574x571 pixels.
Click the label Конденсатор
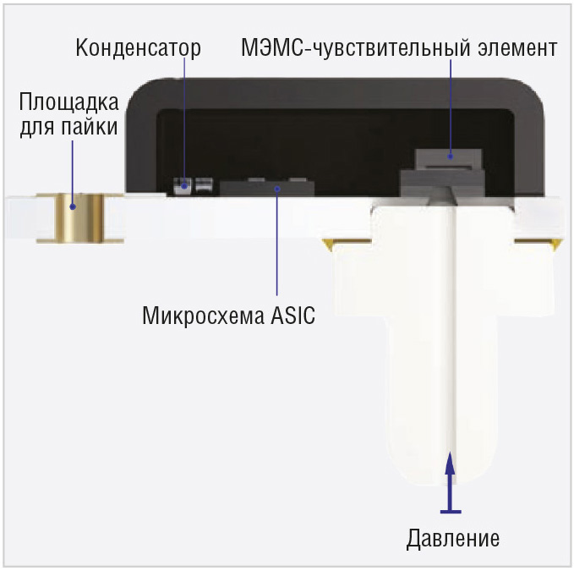[139, 48]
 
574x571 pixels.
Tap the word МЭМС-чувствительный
[355, 48]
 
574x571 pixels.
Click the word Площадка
[68, 102]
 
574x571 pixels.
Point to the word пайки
[89, 127]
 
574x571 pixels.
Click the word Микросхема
[203, 316]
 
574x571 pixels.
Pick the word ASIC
[292, 316]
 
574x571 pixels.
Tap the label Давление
[453, 538]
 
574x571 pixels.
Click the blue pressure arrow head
[451, 464]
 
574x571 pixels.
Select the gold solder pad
[80, 218]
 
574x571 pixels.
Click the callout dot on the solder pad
[73, 207]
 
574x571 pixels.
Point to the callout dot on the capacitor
[184, 186]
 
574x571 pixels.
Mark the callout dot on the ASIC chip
[277, 189]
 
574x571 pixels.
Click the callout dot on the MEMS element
[451, 156]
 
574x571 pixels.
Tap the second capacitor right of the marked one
[205, 185]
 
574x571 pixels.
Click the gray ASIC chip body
[267, 189]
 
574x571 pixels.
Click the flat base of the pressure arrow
[451, 511]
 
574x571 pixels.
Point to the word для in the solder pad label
[38, 128]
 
